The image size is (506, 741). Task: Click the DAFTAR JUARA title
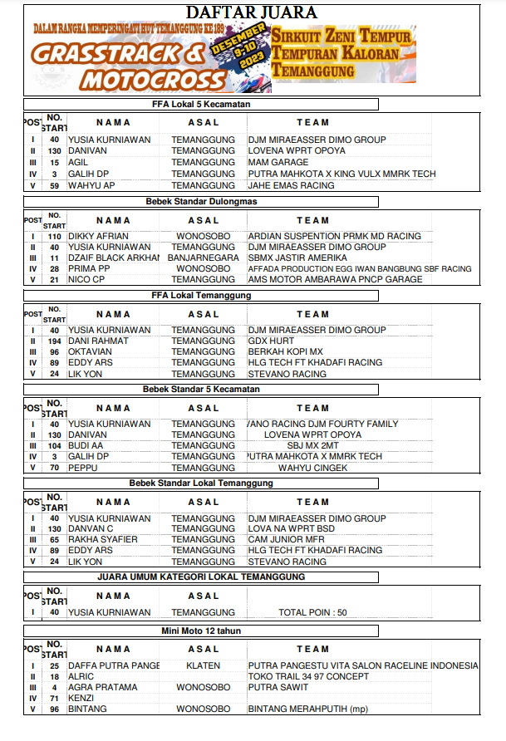(251, 12)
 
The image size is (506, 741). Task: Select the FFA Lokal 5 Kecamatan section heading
(201, 105)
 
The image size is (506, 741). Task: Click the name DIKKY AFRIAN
(98, 236)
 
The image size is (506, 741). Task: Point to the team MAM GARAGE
(278, 162)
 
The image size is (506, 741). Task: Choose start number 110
(54, 236)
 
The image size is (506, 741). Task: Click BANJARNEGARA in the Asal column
(204, 258)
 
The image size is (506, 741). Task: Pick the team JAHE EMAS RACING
(291, 185)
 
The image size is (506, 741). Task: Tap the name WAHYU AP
(91, 185)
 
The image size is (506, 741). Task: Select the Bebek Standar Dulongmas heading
(201, 201)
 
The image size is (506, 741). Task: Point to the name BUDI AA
(87, 445)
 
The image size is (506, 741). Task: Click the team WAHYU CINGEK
(312, 467)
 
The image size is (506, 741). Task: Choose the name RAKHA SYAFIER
(102, 539)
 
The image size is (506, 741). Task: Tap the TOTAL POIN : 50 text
(312, 612)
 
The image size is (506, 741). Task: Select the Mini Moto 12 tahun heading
(201, 631)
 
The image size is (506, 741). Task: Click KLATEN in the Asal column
(204, 665)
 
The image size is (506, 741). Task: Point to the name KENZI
(82, 698)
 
